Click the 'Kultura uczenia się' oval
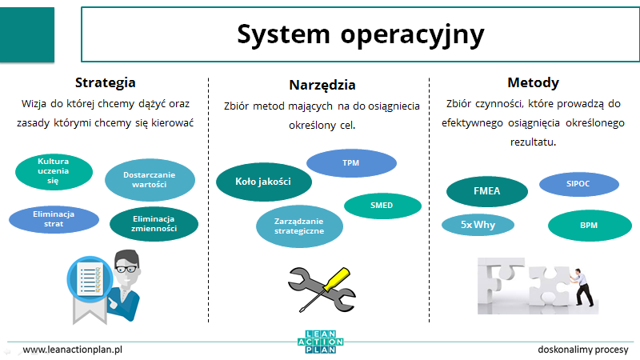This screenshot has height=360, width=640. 54,171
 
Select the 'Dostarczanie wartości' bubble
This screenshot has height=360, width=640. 150,179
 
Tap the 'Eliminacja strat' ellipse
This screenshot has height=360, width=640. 54,219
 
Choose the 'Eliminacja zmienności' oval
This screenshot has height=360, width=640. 154,224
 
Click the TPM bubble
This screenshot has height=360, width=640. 351,163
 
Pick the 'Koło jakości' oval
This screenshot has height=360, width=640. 264,182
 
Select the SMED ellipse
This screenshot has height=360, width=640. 382,206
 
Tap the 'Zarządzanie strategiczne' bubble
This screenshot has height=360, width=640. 299,226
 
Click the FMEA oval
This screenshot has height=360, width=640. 487,191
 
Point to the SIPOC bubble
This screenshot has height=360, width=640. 578,184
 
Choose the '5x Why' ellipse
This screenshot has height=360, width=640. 478,225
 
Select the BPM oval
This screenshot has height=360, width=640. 590,226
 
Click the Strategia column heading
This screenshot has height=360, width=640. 106,83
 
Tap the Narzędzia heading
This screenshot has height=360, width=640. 322,86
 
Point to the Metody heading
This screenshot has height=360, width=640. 533,83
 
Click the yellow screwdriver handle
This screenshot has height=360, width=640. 337,278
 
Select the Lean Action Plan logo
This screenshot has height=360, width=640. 321,342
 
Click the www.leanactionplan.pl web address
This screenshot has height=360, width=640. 73,350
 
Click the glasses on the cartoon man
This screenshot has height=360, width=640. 127,269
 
